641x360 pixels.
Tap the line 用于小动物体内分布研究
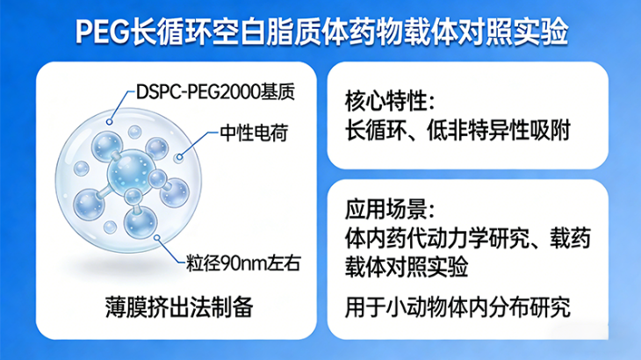pos(457,308)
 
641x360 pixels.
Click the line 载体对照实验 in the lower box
pos(405,264)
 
